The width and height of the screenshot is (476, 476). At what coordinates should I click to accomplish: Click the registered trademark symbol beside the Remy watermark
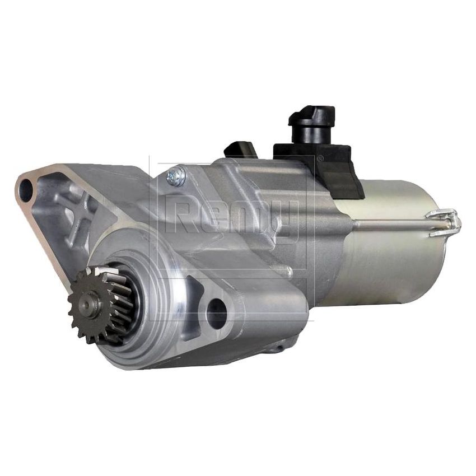point(320,158)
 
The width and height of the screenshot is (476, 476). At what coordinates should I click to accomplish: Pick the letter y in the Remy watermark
point(288,221)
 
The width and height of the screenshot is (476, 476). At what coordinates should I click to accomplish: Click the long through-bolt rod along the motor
point(392,225)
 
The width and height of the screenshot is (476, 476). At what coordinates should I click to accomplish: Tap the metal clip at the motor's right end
point(445,222)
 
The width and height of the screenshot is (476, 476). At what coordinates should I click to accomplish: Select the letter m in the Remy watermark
point(252,218)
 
